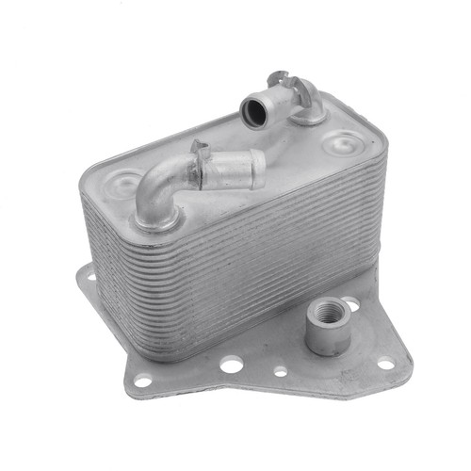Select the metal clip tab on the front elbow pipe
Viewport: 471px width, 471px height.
(200, 150)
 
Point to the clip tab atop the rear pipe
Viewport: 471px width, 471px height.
(275, 75)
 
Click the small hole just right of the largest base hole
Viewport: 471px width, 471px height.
(280, 371)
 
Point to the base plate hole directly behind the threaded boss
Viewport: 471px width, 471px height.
(349, 303)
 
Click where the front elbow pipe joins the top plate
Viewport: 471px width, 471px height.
(155, 219)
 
